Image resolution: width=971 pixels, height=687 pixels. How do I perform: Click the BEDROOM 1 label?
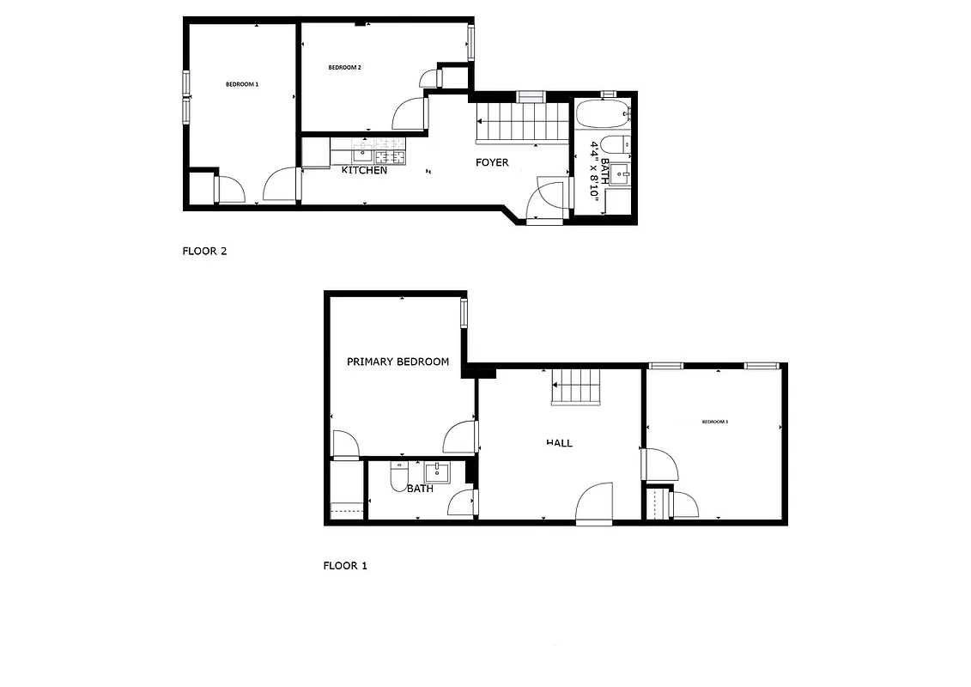242,84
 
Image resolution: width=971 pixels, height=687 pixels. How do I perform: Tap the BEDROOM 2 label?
344,67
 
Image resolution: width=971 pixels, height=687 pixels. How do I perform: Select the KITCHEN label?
364,170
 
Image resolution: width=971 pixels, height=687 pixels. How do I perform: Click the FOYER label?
492,162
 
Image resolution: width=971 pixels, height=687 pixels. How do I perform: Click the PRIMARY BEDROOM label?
398,362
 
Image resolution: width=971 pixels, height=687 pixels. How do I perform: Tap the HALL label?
559,443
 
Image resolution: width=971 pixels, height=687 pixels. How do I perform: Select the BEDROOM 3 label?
714,422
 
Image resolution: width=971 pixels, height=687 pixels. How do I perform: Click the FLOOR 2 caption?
204,252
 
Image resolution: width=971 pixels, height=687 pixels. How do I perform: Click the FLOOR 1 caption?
344,566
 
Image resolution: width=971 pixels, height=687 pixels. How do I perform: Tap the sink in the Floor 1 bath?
437,472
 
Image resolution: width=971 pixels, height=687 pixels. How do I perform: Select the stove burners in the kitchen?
389,155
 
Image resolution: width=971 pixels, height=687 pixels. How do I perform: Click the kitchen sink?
361,155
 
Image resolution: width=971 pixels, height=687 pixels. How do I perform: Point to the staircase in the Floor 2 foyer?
521,121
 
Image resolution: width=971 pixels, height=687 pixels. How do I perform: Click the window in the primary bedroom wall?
464,313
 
